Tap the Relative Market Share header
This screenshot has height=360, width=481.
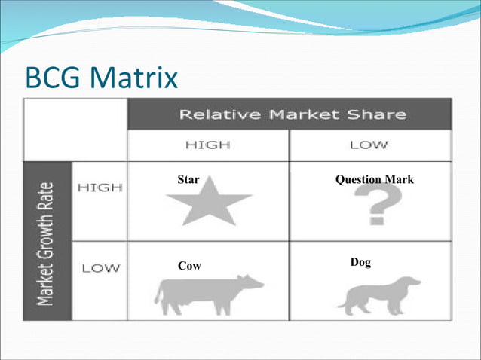point(291,115)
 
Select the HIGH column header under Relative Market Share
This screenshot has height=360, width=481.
point(207,145)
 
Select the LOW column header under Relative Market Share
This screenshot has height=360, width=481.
point(369,145)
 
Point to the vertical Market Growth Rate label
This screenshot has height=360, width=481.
point(47,240)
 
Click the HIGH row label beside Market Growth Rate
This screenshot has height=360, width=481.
point(100,188)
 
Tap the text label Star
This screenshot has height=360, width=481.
point(188,180)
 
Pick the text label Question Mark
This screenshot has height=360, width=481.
point(374,180)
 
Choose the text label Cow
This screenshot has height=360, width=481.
point(189,266)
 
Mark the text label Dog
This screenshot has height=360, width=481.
point(360,262)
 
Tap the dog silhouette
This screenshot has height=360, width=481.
point(377,296)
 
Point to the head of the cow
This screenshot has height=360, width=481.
point(253,283)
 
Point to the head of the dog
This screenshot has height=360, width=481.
point(411,282)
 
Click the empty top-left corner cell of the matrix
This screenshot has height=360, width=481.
point(75,129)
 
